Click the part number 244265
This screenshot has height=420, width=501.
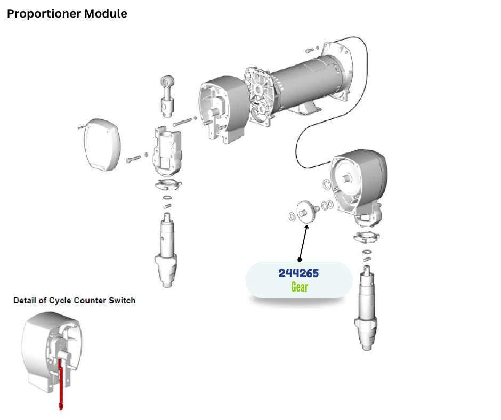coord(298,273)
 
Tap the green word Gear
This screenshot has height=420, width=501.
coord(299,287)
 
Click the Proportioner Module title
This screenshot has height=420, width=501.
coord(67,14)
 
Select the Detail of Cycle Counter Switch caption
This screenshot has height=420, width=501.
coord(74,301)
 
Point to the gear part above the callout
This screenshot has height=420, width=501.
coord(308,209)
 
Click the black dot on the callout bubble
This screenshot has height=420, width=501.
coord(300,260)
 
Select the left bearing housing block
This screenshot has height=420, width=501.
coord(166,152)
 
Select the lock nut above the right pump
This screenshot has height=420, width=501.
coord(366,237)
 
